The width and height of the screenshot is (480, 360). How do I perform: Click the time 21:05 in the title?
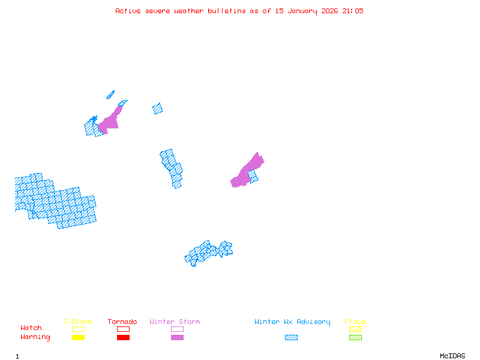[x=353, y=11]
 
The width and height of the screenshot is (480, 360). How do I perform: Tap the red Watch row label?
[x=31, y=328]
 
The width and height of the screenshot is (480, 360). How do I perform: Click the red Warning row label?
[x=35, y=337]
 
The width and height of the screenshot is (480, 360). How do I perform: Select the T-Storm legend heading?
[x=77, y=322]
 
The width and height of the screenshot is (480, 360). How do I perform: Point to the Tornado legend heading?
[x=122, y=322]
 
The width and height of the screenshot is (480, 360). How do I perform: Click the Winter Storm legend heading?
[x=175, y=322]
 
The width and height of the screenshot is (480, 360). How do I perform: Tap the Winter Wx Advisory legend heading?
[x=292, y=322]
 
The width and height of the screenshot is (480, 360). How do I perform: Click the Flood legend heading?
[x=355, y=322]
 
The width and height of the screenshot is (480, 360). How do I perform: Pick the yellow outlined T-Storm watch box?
[x=78, y=329]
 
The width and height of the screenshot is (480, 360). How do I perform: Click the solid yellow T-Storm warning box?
[x=78, y=337]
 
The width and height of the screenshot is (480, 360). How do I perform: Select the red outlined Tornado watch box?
[x=123, y=329]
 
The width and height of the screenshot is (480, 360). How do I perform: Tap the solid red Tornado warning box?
[x=123, y=337]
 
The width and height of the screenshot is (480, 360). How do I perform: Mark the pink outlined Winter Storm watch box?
[x=177, y=329]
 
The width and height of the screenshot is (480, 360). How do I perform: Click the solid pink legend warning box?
[x=177, y=337]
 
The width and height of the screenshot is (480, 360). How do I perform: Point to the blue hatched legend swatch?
[x=291, y=337]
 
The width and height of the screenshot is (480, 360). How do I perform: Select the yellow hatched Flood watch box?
[x=355, y=329]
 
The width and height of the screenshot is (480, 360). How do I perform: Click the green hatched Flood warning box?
[x=355, y=337]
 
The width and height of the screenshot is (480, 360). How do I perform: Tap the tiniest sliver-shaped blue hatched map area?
[x=110, y=94]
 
